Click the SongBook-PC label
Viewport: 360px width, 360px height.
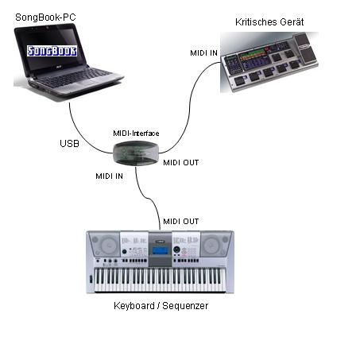tap(45, 17)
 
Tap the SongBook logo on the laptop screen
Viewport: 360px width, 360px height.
tap(52, 51)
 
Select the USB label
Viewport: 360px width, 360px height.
tap(69, 144)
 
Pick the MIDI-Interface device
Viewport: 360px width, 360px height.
tap(136, 153)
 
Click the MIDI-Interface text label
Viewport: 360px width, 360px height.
tap(136, 134)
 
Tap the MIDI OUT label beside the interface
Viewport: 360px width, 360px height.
tap(181, 163)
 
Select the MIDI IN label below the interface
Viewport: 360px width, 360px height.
tap(109, 176)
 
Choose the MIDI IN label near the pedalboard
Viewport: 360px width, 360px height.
tap(203, 53)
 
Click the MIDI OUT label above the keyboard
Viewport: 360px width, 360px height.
tap(181, 222)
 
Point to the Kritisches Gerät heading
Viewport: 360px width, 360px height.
tap(269, 22)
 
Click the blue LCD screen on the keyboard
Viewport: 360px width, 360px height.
tap(160, 250)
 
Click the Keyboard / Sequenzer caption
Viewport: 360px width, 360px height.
tap(161, 306)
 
